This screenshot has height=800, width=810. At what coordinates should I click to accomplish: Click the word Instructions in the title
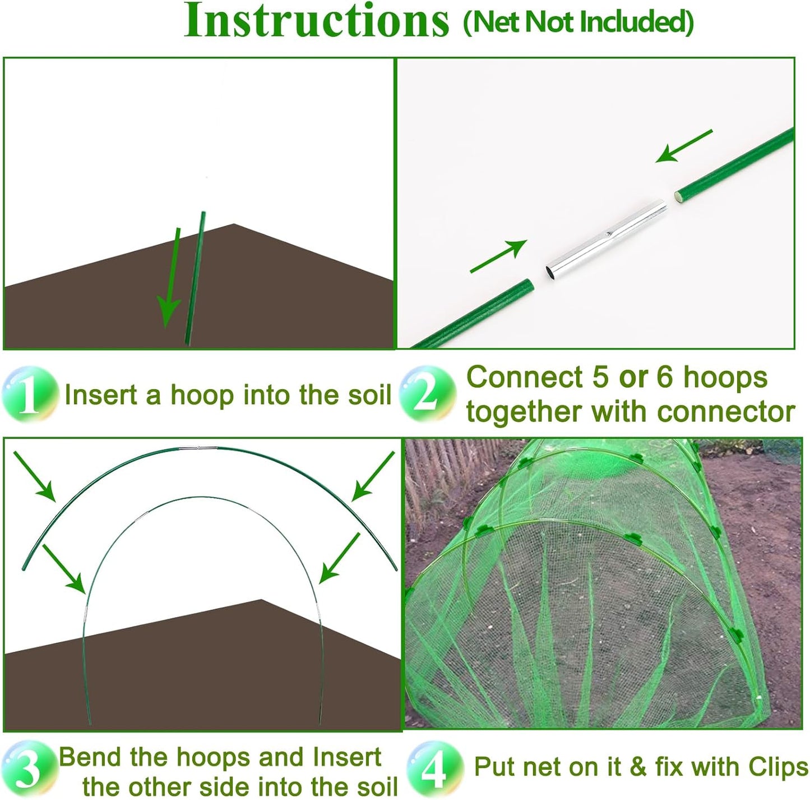point(317,21)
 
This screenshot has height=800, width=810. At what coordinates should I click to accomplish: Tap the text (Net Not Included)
point(578,22)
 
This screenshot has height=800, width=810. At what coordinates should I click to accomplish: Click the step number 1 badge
point(30,394)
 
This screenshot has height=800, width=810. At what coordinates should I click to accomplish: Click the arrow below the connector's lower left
point(498,256)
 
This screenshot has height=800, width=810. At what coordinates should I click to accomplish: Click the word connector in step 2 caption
point(726,412)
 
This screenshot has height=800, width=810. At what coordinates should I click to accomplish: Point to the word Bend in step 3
point(91,757)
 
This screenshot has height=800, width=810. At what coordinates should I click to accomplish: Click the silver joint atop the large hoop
point(198,448)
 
